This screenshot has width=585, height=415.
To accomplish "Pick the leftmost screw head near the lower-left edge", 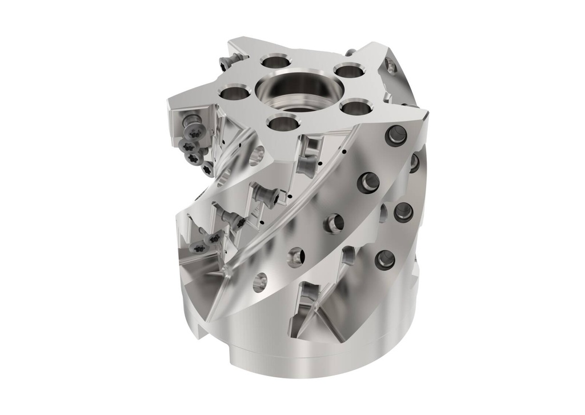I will [x=198, y=248].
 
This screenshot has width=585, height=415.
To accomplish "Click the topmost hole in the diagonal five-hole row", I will [x=396, y=135].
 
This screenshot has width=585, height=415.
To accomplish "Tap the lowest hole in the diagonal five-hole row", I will [x=260, y=281].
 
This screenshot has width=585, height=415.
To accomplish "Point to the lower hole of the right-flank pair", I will [x=385, y=259].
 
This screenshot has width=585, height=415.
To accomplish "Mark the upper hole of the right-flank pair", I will [x=403, y=211].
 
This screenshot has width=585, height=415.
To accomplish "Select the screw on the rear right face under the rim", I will [x=392, y=67].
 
